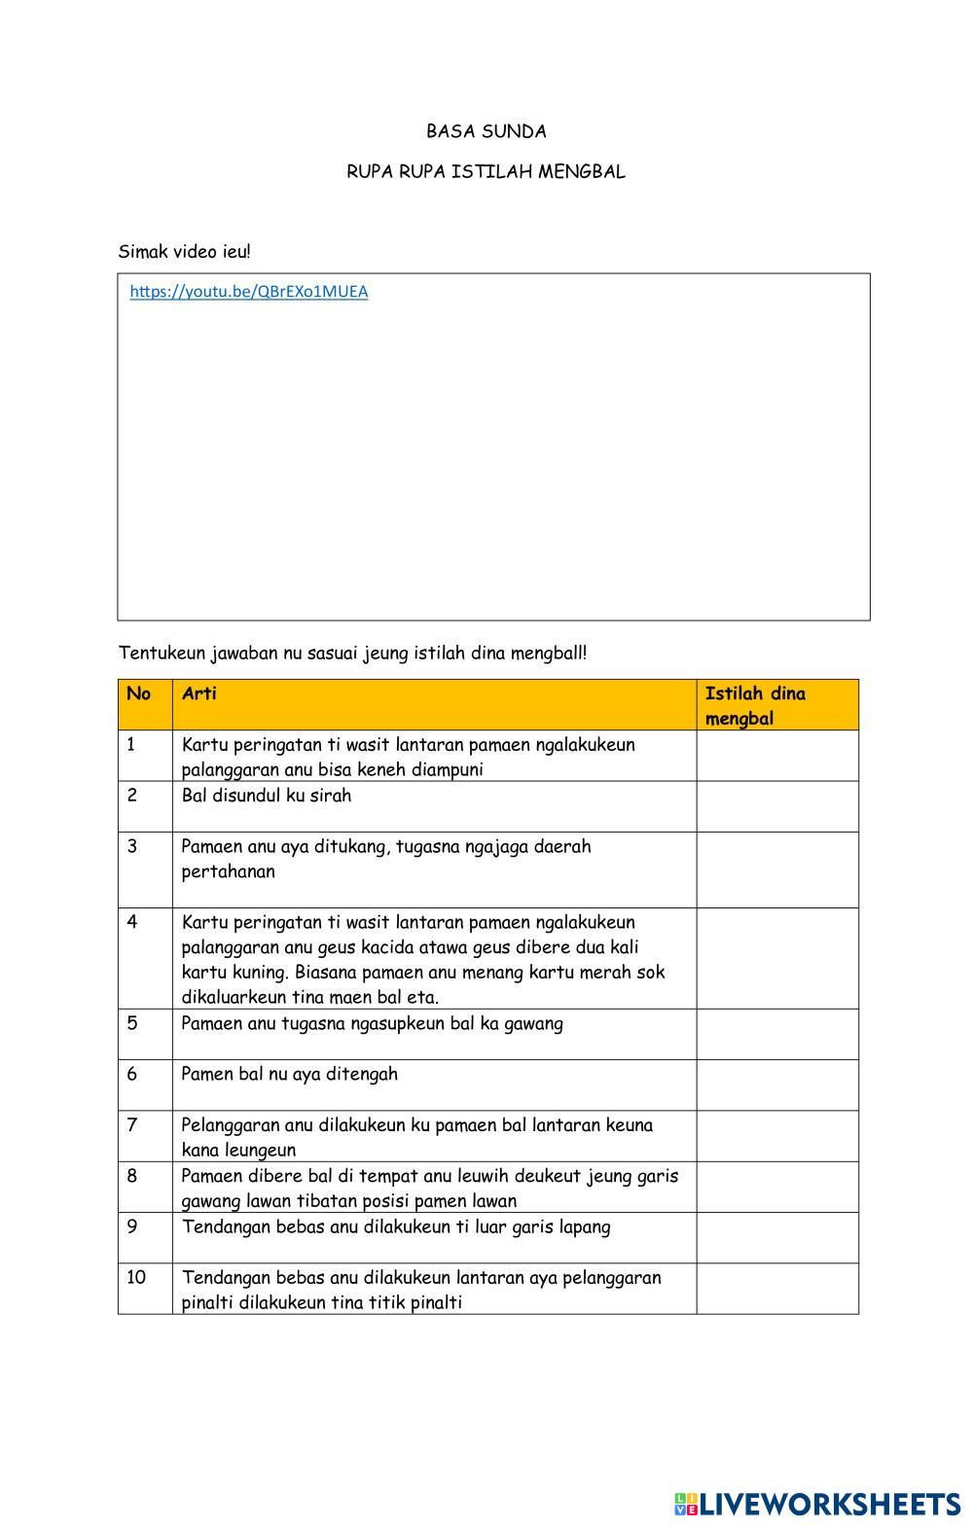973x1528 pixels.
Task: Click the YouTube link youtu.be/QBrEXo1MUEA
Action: pos(249,292)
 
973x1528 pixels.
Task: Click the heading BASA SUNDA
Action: pos(486,131)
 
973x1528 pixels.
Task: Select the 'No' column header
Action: pos(139,694)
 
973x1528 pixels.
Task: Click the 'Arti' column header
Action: pos(199,694)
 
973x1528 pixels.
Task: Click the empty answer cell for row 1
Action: pos(776,756)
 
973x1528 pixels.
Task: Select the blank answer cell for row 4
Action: pos(776,958)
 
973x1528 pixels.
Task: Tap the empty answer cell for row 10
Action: pos(776,1289)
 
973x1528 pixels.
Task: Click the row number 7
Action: pos(132,1125)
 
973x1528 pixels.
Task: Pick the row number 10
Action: pos(136,1277)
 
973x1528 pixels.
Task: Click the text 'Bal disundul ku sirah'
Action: pos(267,796)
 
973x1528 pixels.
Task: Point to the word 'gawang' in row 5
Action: pos(533,1023)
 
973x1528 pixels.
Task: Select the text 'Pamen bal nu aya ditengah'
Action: pos(289,1075)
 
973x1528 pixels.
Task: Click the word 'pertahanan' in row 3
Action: pos(228,871)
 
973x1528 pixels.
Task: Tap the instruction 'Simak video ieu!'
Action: pos(185,252)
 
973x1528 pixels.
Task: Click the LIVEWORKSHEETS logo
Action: pos(817,1504)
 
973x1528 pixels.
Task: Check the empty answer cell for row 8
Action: pos(776,1187)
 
